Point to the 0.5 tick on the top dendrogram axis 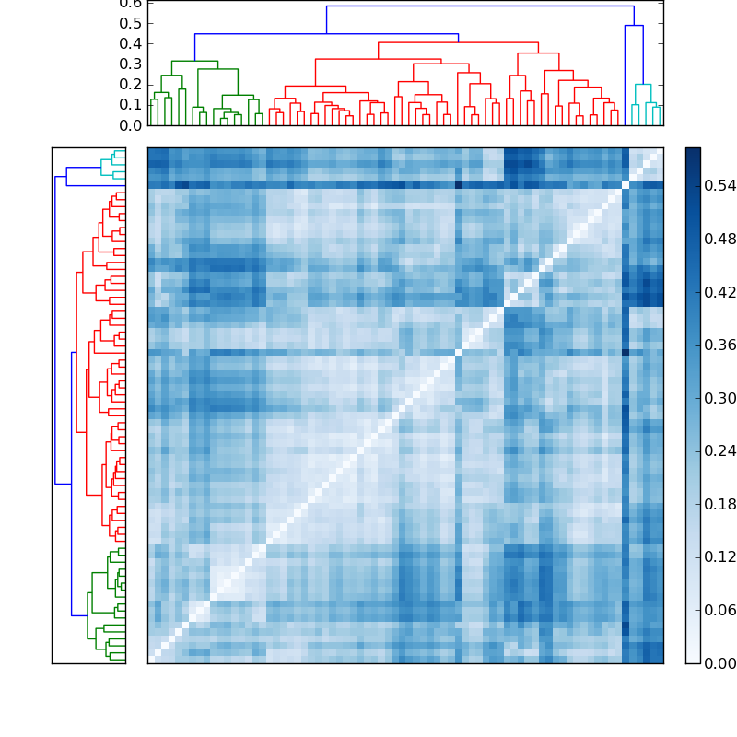click(131, 23)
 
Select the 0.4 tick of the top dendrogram click(131, 43)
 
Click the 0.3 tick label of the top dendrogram click(131, 64)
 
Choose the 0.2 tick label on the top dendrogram click(131, 84)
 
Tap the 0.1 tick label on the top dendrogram click(131, 104)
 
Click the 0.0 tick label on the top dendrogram click(131, 124)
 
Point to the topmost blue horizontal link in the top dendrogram click(479, 6)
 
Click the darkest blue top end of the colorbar click(693, 151)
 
